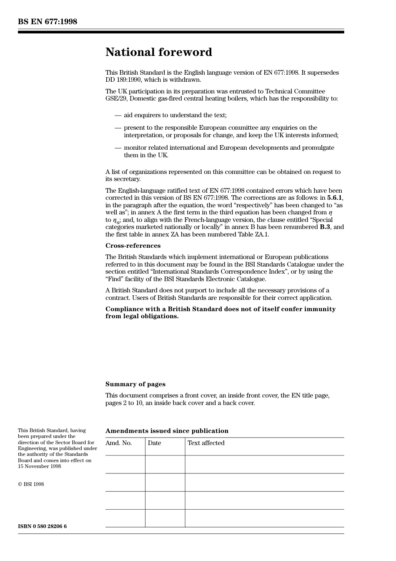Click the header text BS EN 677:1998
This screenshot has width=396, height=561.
pos(48,22)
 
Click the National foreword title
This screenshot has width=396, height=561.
pos(158,52)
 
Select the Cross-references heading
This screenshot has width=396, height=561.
pos(133,246)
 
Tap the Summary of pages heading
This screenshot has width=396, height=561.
pos(135,384)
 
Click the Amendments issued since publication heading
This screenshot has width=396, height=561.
pos(167,431)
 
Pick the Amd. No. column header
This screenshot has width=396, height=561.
pos(118,443)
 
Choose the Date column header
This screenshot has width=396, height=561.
pos(154,443)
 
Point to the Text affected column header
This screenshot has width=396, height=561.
pos(206,443)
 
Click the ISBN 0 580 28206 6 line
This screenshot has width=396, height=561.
pos(42,526)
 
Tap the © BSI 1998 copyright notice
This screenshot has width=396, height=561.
pos(31,484)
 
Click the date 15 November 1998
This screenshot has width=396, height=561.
pos(40,466)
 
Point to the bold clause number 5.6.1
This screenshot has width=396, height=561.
pos(335,198)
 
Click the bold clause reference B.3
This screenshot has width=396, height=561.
pos(325,227)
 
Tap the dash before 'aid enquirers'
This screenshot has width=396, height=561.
pos(118,115)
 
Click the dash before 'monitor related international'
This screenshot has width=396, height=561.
pos(118,148)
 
